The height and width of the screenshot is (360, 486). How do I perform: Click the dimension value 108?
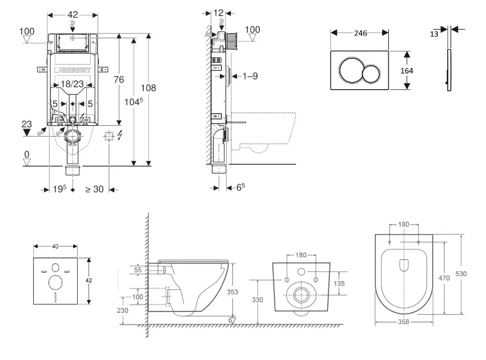148,88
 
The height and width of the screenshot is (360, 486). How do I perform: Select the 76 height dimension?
119,79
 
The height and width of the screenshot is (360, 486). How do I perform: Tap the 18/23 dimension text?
73,83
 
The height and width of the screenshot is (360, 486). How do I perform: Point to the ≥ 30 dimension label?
94,189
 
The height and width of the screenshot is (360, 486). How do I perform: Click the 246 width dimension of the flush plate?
360,33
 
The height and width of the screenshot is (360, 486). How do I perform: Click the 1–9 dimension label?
251,75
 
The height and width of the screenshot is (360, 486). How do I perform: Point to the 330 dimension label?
258,299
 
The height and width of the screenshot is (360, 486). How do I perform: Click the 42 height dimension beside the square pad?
89,281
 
